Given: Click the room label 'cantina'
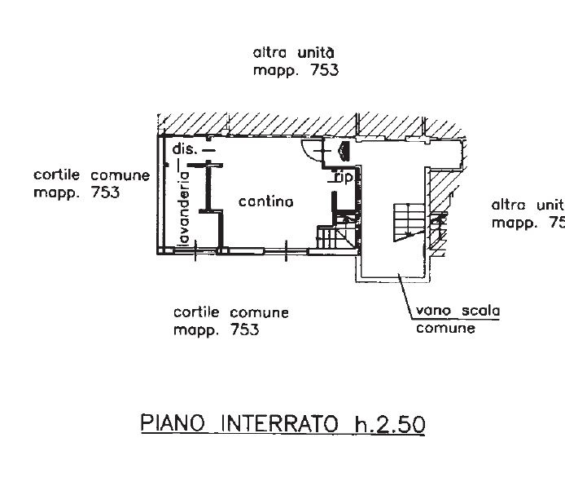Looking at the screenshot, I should [265, 201].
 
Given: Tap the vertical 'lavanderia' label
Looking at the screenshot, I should [185, 208].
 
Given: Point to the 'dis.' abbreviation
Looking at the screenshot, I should [185, 149].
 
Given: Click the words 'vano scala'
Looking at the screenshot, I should [458, 311].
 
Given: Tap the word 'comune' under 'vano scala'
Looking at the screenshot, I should [445, 329].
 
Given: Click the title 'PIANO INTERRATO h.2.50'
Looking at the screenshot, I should [282, 424].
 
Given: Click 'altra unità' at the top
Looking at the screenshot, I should [295, 53].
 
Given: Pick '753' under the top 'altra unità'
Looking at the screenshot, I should [322, 70].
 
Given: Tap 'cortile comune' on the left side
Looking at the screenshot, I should [91, 175].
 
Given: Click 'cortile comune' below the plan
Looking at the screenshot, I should [231, 312].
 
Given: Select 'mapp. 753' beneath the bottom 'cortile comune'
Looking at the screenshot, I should [216, 330].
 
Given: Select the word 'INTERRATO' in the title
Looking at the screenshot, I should [275, 424].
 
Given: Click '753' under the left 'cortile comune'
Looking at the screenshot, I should [105, 193].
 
